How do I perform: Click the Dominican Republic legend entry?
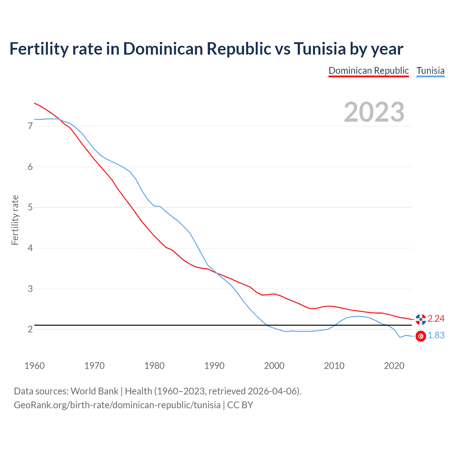pos(369,71)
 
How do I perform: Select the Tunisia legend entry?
pos(430,71)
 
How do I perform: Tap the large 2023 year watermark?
pos(374,112)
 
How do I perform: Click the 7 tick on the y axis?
pos(30,126)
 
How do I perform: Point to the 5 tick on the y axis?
pos(30,207)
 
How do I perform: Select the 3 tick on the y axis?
pos(30,289)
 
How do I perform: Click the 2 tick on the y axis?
pos(30,329)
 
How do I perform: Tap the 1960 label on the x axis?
pos(34,366)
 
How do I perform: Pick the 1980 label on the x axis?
pos(154,366)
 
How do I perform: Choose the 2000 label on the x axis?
pos(274,366)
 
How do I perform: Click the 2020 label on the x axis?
pos(394,366)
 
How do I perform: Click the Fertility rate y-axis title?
pos(15,220)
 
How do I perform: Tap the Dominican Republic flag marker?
pos(421,319)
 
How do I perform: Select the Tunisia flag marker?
pos(421,336)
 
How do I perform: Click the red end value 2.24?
pos(436,319)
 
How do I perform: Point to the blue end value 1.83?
pos(436,336)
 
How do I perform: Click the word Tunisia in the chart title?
pos(319,49)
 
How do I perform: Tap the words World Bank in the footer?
pos(94,391)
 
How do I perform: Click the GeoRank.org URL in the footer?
pos(117,405)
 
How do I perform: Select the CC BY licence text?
pos(240,405)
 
